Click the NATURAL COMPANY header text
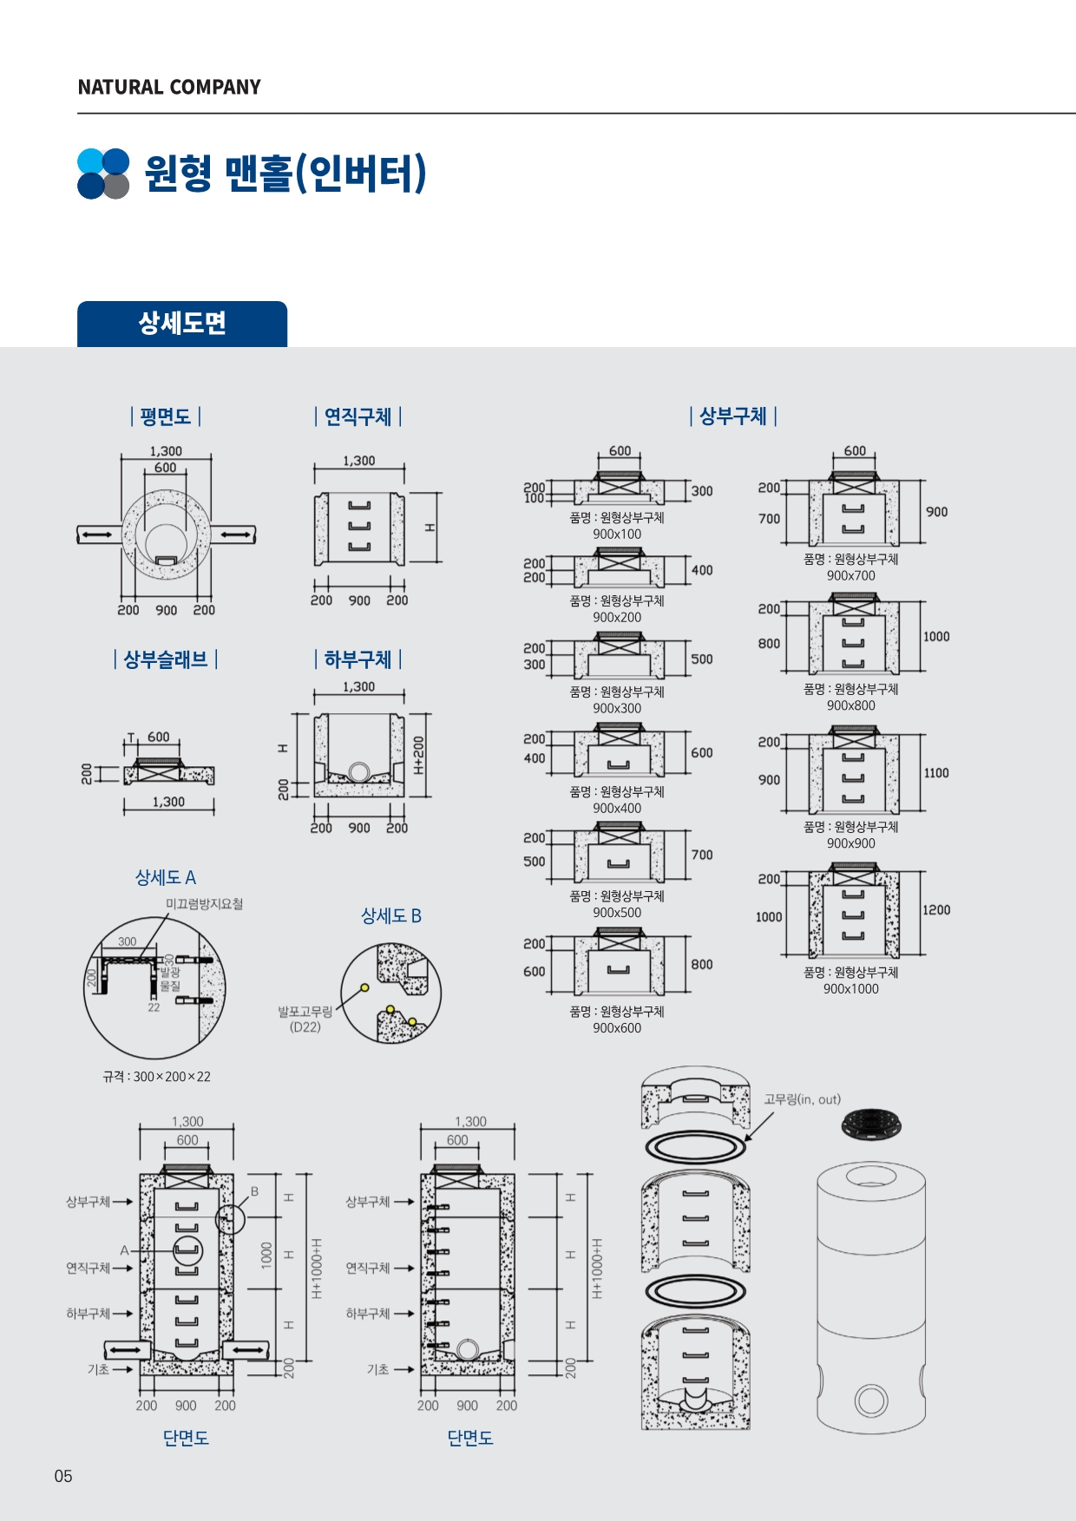click(x=169, y=88)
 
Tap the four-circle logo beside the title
click(x=103, y=174)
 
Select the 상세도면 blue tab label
click(x=182, y=324)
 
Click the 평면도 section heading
click(x=165, y=417)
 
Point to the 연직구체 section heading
click(x=358, y=417)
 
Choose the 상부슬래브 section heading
click(x=165, y=660)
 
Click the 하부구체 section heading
click(x=358, y=660)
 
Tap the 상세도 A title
click(x=165, y=878)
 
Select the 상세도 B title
click(x=390, y=916)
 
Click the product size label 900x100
click(x=617, y=534)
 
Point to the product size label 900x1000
click(x=850, y=989)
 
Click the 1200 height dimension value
click(x=936, y=910)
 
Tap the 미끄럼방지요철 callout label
click(x=204, y=904)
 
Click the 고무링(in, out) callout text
click(x=802, y=1099)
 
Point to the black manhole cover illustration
click(x=871, y=1124)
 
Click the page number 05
click(x=63, y=1476)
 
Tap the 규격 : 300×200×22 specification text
click(x=156, y=1077)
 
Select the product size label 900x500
click(x=617, y=913)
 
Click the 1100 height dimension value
click(x=936, y=773)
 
